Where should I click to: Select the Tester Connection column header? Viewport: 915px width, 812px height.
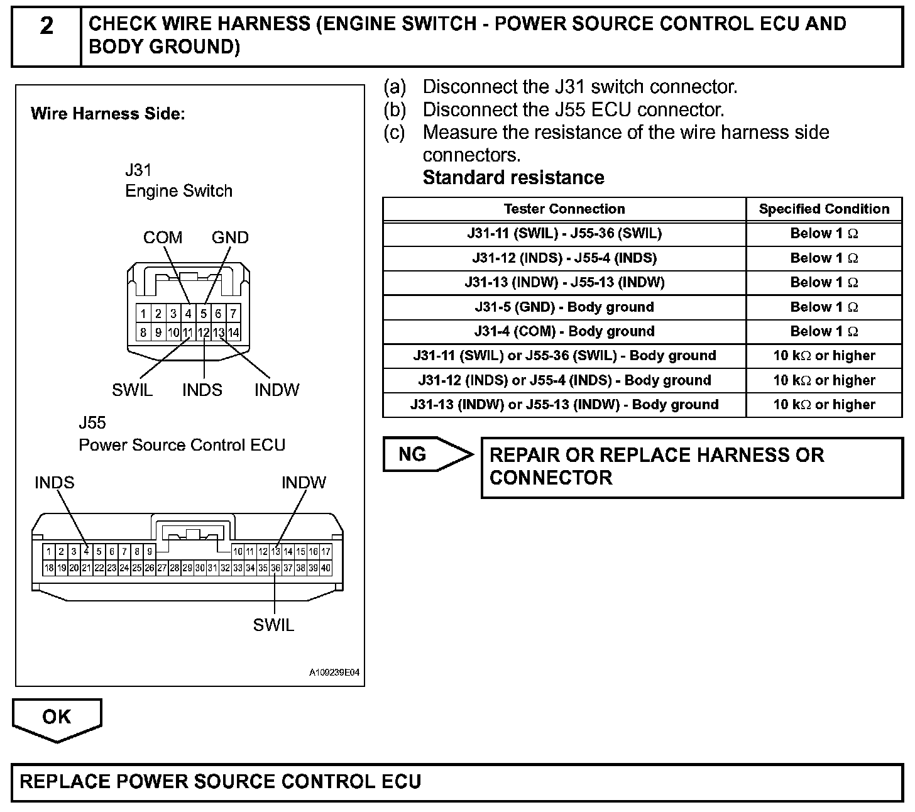tap(564, 209)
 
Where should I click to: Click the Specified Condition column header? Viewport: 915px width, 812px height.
tap(824, 209)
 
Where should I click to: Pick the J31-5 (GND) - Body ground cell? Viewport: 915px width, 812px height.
tap(564, 307)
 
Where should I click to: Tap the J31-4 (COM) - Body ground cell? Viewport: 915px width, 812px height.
tap(564, 332)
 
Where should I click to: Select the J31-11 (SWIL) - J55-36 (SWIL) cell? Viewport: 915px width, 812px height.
tap(564, 234)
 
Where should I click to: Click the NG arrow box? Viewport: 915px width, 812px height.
tap(427, 454)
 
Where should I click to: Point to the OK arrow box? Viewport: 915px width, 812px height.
tap(57, 718)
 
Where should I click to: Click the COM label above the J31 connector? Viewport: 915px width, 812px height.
tap(163, 238)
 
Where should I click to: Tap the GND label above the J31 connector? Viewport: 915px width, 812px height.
tap(230, 238)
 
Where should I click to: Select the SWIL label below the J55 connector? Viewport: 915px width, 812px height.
tap(273, 625)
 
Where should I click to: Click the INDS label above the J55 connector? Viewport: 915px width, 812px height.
tap(54, 483)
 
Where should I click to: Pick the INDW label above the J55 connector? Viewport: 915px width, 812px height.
tap(304, 483)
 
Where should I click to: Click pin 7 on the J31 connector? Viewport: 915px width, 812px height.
tap(233, 314)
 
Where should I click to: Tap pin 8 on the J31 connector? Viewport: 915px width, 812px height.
tap(143, 332)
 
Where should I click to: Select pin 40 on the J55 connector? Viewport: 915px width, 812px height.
tap(326, 568)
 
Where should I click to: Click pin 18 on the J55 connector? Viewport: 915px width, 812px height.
tap(48, 568)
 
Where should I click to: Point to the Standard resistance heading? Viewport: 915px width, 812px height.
tap(513, 178)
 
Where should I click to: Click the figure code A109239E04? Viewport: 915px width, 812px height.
tap(334, 673)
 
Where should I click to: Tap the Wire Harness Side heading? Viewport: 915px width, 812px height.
tap(107, 114)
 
